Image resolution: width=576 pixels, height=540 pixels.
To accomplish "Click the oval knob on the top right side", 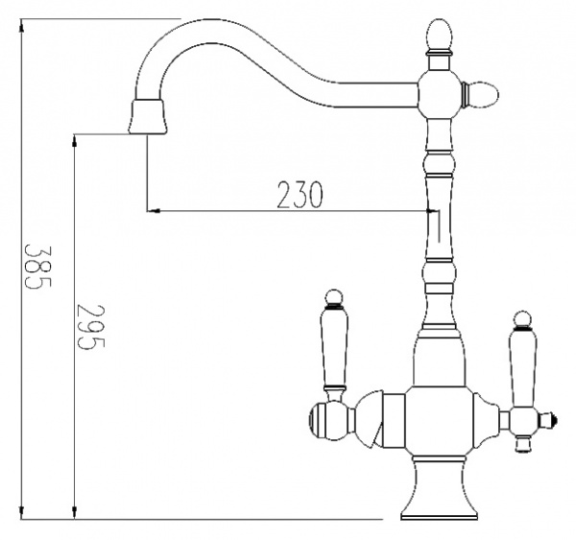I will point(480,94).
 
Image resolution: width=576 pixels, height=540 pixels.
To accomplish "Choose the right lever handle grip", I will point(522,365).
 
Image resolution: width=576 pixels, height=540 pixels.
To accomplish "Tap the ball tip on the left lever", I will point(333,295).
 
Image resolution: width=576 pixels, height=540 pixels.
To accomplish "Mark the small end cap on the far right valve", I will point(550,419).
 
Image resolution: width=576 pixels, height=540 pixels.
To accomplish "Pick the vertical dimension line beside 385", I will point(21,269).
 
